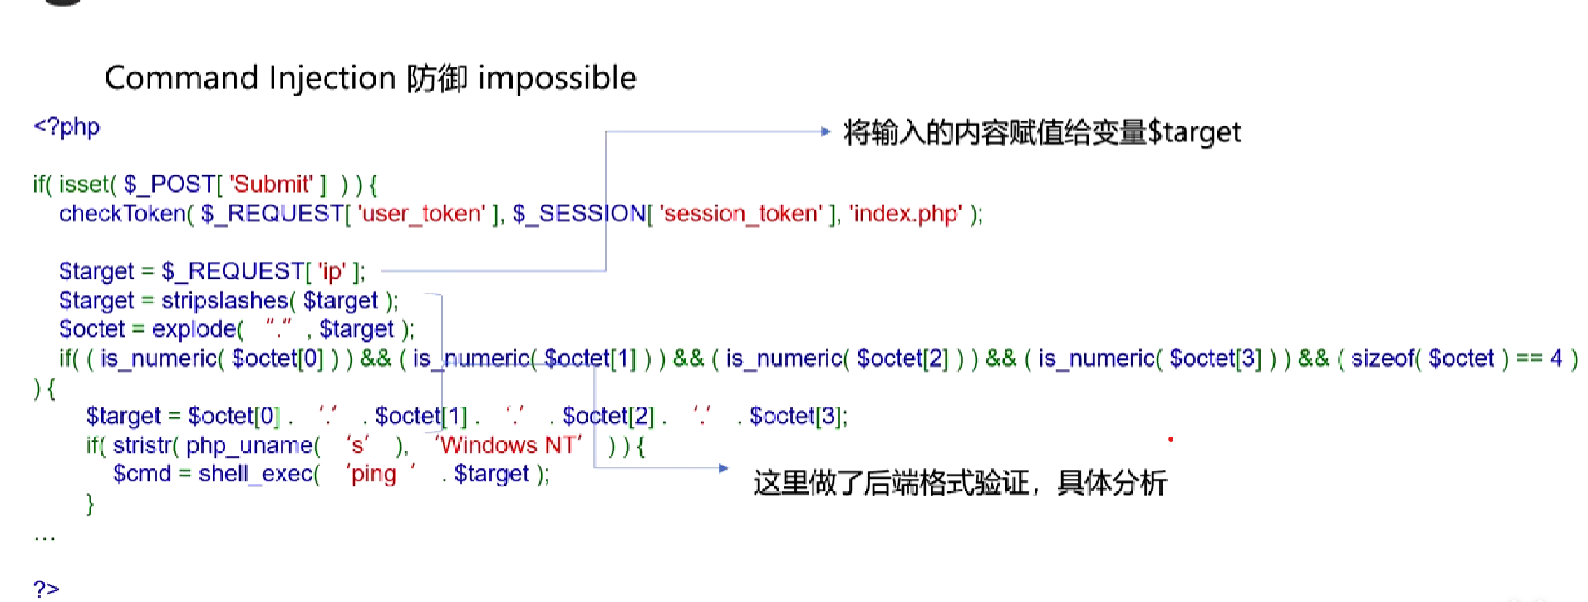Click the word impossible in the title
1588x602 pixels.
coord(557,79)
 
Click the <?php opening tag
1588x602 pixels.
coord(66,127)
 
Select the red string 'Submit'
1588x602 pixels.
coord(272,184)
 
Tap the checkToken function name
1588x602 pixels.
coord(121,214)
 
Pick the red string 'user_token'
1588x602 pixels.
coord(420,214)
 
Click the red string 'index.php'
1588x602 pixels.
coord(906,214)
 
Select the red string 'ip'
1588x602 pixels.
coord(331,272)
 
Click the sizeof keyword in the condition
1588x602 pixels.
coord(1383,358)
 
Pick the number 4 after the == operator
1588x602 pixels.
coord(1556,358)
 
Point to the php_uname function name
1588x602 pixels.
coord(248,446)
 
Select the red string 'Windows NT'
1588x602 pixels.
coord(508,445)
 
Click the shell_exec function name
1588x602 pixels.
coord(255,474)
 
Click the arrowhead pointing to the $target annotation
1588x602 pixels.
coord(825,131)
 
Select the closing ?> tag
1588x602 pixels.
coord(47,589)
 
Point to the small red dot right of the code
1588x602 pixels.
coord(1171,439)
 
